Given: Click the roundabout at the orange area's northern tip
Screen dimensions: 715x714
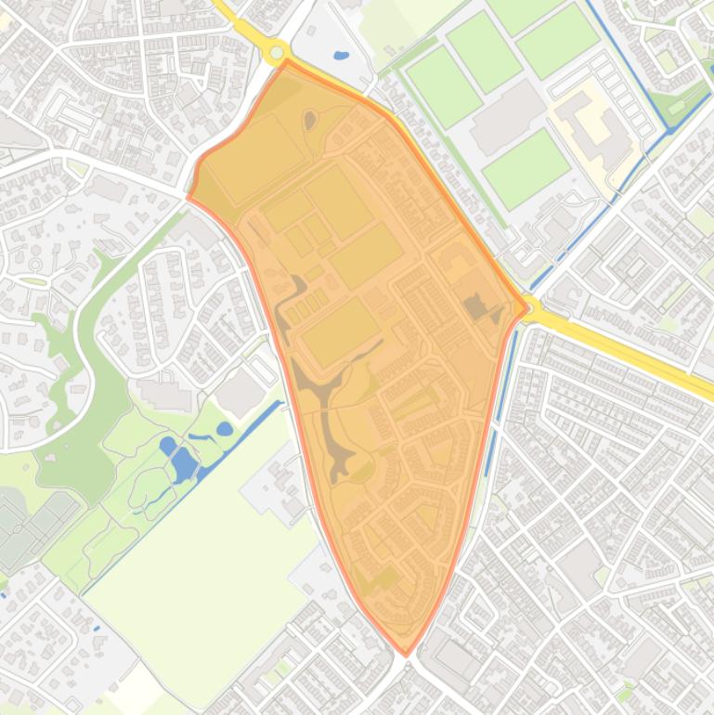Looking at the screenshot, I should (277, 53).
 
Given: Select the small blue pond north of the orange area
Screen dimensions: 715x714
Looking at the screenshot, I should (341, 56).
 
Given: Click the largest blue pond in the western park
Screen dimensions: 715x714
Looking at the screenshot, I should (183, 462).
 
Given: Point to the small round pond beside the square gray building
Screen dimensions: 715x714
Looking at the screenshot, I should (225, 429).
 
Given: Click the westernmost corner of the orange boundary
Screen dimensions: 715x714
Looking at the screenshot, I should (188, 197).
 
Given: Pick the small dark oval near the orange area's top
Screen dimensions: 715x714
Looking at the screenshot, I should (309, 119).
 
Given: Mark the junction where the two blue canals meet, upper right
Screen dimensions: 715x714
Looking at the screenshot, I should (670, 131).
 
